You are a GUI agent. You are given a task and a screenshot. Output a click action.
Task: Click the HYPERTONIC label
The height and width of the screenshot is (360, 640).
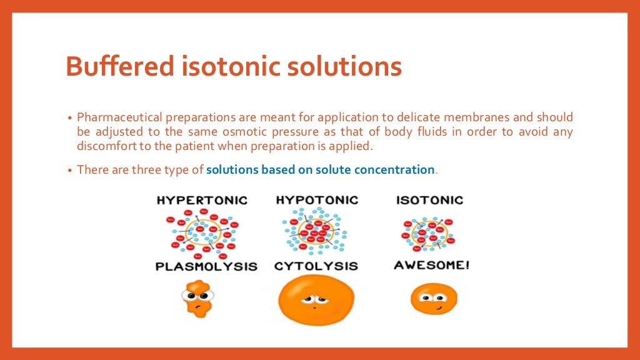pyautogui.click(x=202, y=201)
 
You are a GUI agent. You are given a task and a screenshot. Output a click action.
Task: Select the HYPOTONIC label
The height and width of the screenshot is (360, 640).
pyautogui.click(x=317, y=200)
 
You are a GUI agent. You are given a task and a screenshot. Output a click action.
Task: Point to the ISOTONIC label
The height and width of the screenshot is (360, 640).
pyautogui.click(x=429, y=201)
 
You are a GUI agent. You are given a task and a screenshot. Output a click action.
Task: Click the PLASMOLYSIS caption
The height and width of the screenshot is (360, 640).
pyautogui.click(x=206, y=266)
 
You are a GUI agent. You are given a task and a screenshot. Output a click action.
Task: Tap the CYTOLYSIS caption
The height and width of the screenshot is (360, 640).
pyautogui.click(x=316, y=266)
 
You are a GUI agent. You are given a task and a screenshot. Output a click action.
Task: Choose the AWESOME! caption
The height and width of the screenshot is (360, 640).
pyautogui.click(x=431, y=265)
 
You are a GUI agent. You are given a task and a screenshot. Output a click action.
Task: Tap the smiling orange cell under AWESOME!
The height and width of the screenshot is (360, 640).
pyautogui.click(x=434, y=298)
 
